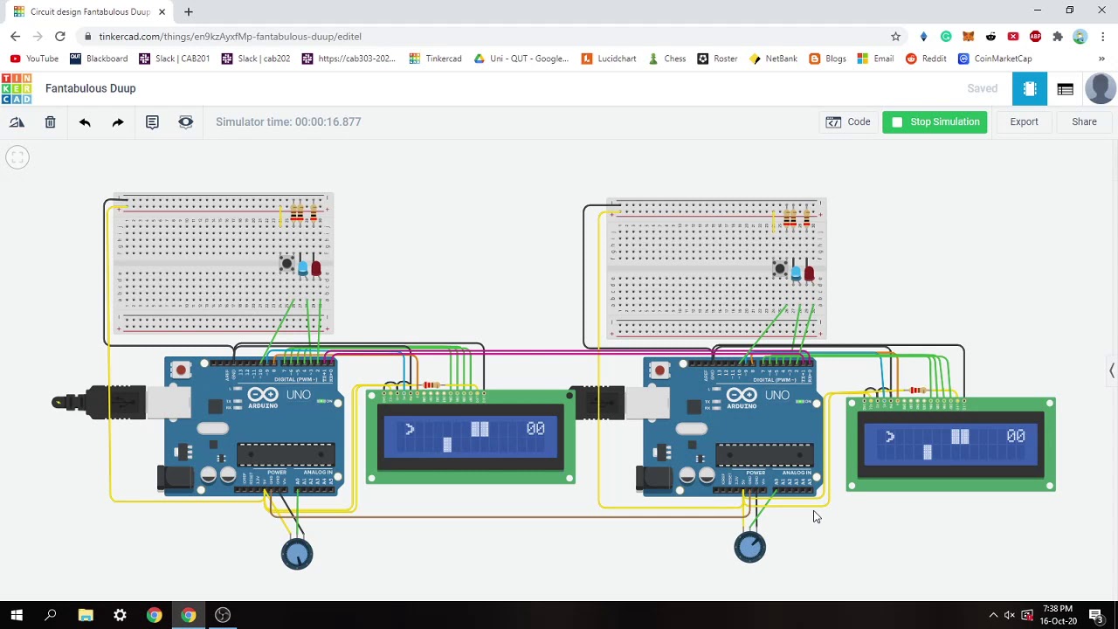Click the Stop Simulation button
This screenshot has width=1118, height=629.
[935, 122]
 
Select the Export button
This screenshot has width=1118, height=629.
[1024, 122]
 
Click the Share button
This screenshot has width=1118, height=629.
[1084, 122]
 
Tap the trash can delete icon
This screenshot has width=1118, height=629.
[51, 122]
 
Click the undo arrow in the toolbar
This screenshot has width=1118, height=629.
[85, 122]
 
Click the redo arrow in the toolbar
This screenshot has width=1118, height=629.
[118, 122]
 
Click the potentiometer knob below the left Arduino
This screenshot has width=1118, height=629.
[297, 554]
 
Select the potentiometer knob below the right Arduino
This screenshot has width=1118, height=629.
[749, 548]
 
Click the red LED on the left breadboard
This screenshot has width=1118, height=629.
[315, 269]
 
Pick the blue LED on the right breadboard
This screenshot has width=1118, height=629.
[796, 273]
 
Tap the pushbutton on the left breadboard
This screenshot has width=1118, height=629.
[286, 263]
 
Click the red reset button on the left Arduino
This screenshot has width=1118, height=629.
[181, 370]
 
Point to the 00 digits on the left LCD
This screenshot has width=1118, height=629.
[535, 428]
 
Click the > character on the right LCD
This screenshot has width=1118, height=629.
[889, 436]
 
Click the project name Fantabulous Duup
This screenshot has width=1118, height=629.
[90, 88]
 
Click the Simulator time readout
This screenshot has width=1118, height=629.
[288, 122]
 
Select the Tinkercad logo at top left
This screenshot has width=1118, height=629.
[16, 88]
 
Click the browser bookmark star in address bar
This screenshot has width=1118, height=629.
[895, 37]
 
